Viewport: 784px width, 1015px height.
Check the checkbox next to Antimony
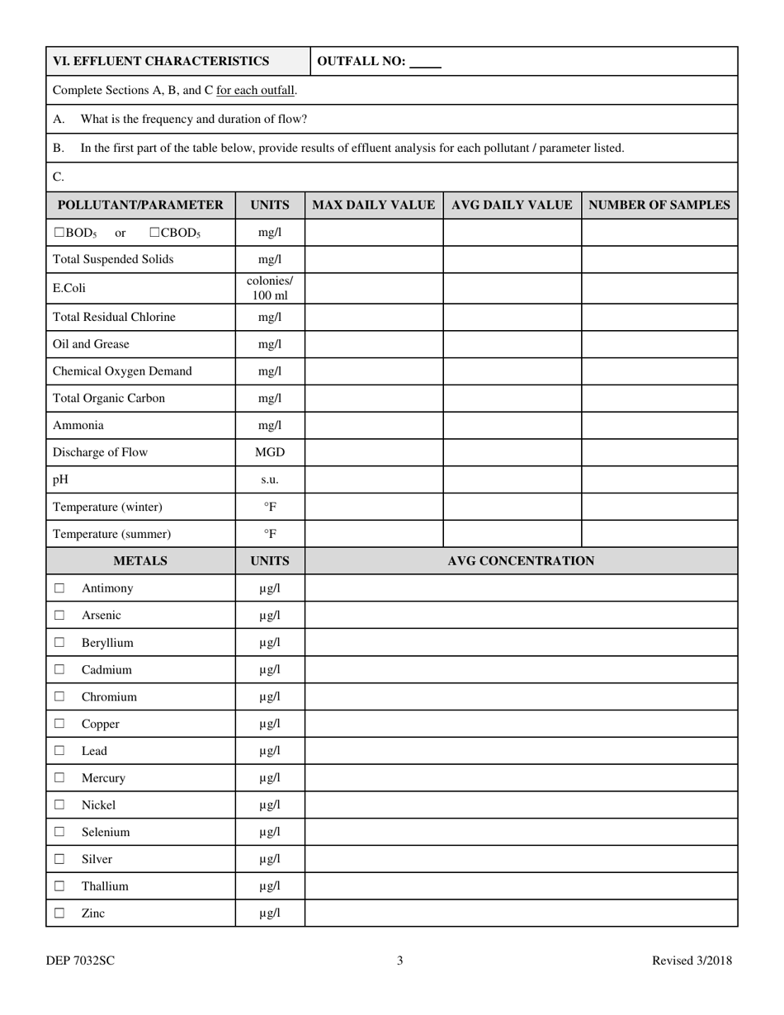point(59,588)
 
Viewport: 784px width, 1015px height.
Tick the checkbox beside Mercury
point(59,778)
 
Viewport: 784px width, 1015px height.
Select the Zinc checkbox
point(59,913)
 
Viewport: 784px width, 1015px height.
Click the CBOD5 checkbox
point(154,233)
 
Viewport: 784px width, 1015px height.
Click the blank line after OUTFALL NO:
point(425,62)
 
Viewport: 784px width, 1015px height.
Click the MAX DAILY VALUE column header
point(373,205)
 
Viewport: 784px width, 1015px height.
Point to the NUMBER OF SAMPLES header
point(659,205)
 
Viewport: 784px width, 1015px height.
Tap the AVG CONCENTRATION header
point(521,561)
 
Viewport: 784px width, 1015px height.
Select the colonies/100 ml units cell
point(270,288)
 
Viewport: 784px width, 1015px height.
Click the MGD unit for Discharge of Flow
point(270,452)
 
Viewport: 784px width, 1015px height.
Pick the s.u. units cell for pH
point(270,479)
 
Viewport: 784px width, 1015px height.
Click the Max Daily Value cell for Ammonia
point(373,426)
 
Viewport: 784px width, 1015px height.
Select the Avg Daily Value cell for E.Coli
point(512,288)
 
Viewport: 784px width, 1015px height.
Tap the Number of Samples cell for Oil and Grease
point(659,344)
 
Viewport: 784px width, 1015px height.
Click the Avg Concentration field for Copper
point(521,724)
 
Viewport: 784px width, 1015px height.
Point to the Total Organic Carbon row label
point(109,399)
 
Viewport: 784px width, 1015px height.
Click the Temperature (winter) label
point(107,507)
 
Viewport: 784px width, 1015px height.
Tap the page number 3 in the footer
point(400,961)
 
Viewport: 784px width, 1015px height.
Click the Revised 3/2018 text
point(692,961)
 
